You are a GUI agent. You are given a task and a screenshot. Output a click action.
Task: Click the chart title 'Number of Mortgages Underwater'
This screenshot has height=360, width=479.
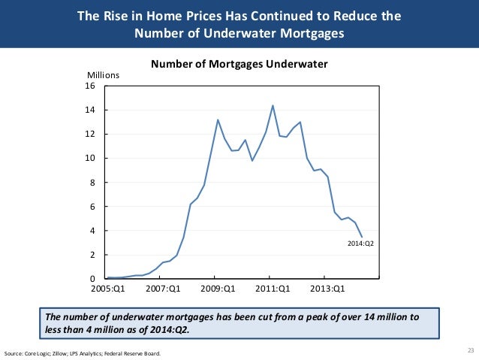[239, 64]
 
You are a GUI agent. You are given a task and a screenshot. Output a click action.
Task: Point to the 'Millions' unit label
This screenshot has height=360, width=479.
[104, 76]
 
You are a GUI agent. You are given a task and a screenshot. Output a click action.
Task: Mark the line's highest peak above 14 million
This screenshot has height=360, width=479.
[273, 105]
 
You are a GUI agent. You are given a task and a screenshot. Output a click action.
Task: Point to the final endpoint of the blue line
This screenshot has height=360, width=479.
[363, 237]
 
